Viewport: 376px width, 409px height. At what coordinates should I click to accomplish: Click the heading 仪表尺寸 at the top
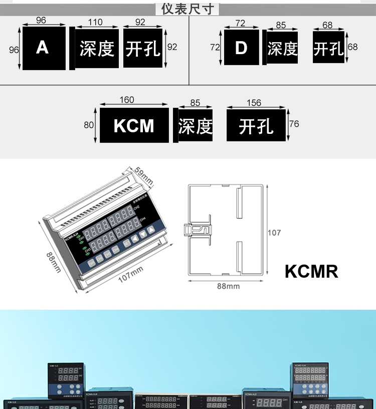[x=187, y=9]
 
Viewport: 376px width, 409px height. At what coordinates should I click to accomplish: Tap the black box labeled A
[x=44, y=48]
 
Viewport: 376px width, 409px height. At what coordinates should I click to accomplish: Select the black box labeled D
[x=241, y=48]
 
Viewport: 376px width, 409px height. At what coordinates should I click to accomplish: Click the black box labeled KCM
[x=134, y=125]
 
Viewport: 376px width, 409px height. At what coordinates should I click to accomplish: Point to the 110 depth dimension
[x=95, y=22]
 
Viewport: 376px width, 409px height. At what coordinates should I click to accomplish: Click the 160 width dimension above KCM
[x=127, y=100]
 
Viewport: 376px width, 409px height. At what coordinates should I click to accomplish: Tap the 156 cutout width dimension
[x=254, y=103]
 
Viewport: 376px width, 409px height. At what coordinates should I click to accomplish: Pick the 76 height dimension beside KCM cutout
[x=294, y=124]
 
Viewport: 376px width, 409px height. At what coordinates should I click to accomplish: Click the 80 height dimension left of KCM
[x=89, y=125]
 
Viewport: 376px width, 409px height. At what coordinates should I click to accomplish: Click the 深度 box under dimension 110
[x=97, y=49]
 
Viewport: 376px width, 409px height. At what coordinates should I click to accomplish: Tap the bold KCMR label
[x=311, y=271]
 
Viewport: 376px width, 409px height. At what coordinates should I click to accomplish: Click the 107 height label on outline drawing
[x=274, y=233]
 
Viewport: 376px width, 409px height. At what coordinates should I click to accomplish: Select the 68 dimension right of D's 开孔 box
[x=352, y=47]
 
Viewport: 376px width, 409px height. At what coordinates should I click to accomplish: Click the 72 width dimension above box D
[x=241, y=23]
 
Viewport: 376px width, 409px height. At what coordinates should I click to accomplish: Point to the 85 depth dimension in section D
[x=281, y=25]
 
